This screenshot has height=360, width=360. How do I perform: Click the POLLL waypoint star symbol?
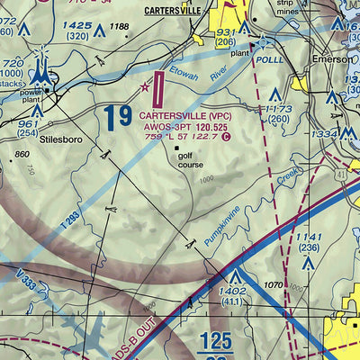pyautogui.click(x=260, y=41)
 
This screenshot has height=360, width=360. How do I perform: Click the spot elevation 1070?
pyautogui.click(x=273, y=284)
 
